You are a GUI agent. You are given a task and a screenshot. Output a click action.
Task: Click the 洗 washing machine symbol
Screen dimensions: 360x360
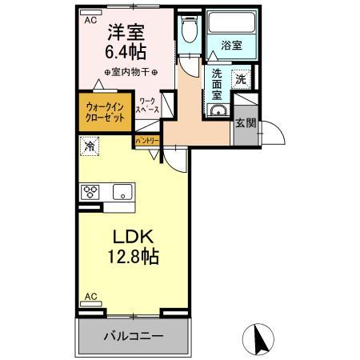click(241, 78)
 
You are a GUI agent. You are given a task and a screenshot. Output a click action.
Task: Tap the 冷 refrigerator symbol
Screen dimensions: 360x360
click(90, 146)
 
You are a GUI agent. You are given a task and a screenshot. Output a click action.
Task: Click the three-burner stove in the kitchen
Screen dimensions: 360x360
click(90, 192)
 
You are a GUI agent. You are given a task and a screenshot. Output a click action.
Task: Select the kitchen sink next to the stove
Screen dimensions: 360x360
click(122, 192)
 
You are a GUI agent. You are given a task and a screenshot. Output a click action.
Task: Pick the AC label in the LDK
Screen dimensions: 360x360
click(90, 297)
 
